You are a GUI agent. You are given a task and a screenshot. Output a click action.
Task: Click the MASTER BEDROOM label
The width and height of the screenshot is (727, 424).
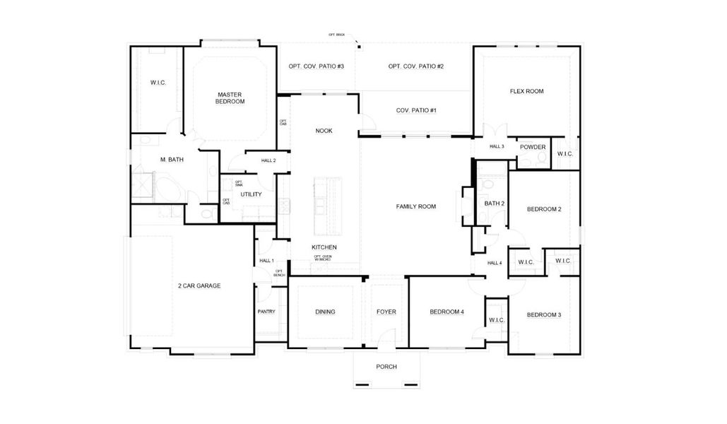coord(230,98)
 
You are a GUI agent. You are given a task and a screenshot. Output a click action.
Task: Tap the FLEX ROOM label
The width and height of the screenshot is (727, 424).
coord(526,91)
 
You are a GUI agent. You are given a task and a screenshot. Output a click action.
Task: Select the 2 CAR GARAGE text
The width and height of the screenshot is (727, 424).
coord(199,286)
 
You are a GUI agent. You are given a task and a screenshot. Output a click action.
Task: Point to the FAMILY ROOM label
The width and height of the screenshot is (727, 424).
coord(415,206)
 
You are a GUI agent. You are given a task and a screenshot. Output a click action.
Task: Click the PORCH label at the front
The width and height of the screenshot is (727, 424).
coord(386,367)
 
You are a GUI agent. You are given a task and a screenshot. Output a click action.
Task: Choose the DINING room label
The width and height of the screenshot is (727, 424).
coord(325,312)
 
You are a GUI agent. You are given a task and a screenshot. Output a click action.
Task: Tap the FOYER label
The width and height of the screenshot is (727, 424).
coord(386,312)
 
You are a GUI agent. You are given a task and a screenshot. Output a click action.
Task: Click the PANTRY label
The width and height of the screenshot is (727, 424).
coord(266,312)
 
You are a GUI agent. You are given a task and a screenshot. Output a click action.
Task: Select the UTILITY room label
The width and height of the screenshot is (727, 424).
coord(251,194)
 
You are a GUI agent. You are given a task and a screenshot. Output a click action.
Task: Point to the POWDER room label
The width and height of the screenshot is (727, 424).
coord(533,147)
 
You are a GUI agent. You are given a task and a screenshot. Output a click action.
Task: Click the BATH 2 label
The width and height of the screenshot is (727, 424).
coord(494,204)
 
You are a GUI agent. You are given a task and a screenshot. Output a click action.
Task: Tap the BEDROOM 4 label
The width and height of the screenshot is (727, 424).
coord(447,312)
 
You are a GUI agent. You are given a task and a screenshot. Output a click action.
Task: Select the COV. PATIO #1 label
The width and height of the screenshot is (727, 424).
coord(416,110)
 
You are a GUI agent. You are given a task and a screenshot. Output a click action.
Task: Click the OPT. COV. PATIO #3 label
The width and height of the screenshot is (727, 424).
coord(316,66)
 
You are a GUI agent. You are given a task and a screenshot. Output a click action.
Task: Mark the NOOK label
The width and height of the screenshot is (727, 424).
coord(324,131)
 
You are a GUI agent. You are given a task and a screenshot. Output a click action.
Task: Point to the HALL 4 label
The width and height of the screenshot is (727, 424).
coord(494,263)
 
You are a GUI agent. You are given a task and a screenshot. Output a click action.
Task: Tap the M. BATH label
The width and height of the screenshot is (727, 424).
coord(172,160)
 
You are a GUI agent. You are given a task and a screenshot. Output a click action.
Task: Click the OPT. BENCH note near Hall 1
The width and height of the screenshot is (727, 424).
coord(279,272)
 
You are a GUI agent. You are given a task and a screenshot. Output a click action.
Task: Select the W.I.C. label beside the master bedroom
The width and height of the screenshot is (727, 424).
coord(158,83)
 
